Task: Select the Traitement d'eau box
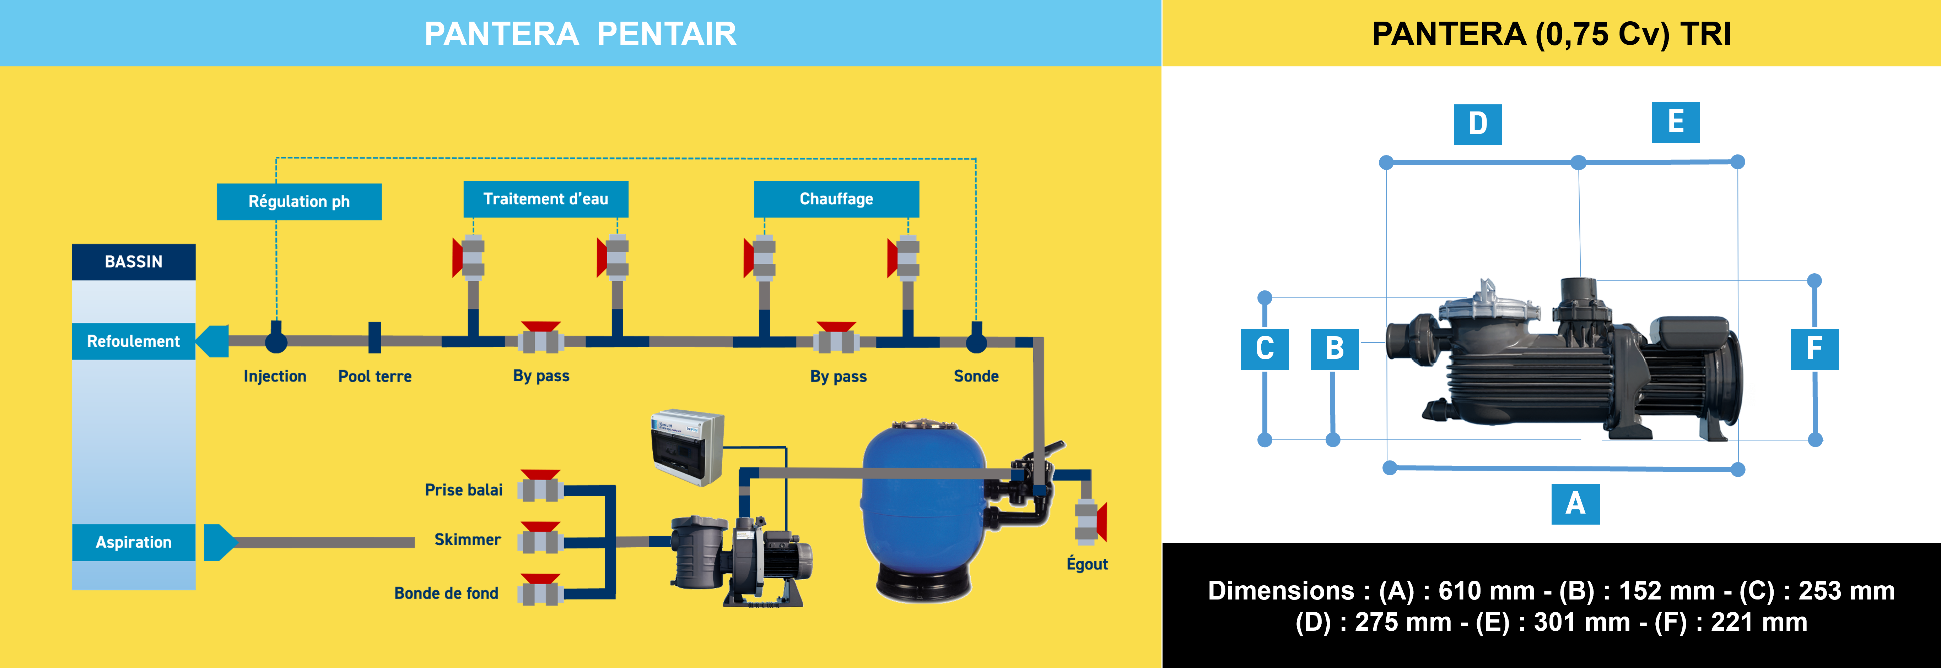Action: (545, 199)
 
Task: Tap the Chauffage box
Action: (836, 199)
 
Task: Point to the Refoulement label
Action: (133, 341)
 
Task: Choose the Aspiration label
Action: (133, 542)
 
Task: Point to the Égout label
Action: (1087, 564)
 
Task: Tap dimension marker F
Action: (1814, 349)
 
